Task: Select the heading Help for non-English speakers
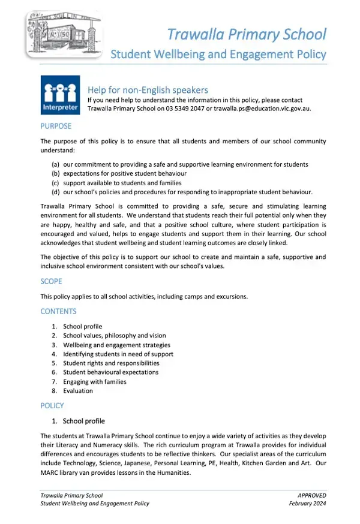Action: point(148,91)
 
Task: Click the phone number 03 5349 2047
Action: point(183,109)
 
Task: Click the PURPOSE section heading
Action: point(56,126)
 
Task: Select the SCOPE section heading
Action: point(51,281)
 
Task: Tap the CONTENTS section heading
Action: point(58,311)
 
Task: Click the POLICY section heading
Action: point(52,405)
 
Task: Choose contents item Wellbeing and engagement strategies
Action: point(116,345)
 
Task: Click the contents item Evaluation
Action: point(78,391)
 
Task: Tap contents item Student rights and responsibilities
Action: point(111,363)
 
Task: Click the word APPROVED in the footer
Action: point(311,495)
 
